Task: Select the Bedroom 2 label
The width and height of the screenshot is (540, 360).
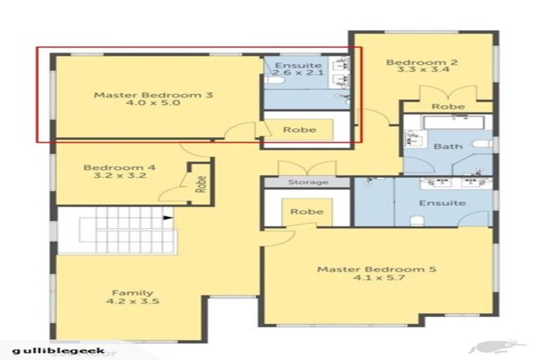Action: pyautogui.click(x=422, y=63)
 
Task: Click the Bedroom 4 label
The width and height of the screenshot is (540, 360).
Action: pyautogui.click(x=115, y=167)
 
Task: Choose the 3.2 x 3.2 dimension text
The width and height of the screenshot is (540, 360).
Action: pyautogui.click(x=115, y=176)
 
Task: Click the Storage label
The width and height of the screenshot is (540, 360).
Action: pyautogui.click(x=307, y=183)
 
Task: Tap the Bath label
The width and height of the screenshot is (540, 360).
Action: pyautogui.click(x=448, y=146)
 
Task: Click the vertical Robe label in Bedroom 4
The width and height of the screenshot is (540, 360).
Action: pyautogui.click(x=201, y=184)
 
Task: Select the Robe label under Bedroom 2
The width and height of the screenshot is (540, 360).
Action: pyautogui.click(x=448, y=107)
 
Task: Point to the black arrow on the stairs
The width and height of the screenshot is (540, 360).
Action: pyautogui.click(x=168, y=218)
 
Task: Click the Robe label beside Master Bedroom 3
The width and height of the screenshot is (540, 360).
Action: pyautogui.click(x=297, y=130)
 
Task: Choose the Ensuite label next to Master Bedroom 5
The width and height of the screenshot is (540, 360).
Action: pyautogui.click(x=442, y=203)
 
